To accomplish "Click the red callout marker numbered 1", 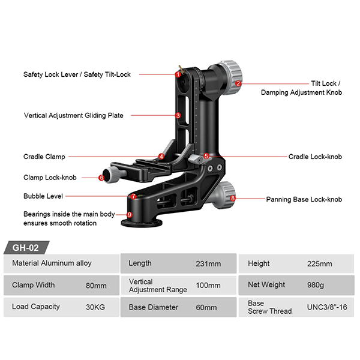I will tap(178, 75).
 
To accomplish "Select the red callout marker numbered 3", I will tap(178, 115).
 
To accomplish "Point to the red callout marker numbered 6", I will tap(101, 178).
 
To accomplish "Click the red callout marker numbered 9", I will tap(129, 215).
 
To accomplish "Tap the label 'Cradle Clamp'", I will tap(44, 157).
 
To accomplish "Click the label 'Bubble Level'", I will tap(43, 196).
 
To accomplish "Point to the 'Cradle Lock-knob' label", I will tap(314, 157).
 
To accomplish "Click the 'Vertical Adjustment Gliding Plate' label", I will tap(73, 115).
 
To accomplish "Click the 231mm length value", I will tap(208, 263).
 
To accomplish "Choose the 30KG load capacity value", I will tap(97, 307).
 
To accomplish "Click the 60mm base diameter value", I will tap(206, 307).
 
